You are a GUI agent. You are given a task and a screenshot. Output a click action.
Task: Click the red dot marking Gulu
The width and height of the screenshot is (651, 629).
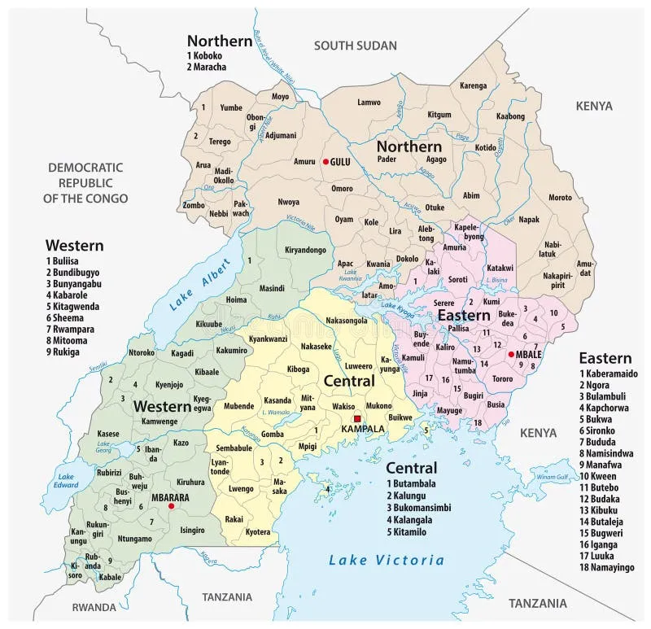pos(325,162)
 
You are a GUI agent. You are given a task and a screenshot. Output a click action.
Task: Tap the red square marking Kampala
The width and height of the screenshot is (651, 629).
pos(356,418)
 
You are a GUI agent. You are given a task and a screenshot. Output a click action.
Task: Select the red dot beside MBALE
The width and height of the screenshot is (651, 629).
pos(510,354)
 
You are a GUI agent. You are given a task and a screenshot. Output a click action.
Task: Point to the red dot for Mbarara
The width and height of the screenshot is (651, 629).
pos(171,505)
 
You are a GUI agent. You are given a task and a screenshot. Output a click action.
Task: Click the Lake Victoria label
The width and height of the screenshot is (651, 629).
pos(387,560)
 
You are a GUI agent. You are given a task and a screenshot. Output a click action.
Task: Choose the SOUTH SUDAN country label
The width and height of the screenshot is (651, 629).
pos(356,46)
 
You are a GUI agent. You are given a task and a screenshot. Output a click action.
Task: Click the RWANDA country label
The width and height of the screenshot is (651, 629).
pos(94,607)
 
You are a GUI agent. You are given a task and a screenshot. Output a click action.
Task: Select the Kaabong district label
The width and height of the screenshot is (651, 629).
pos(510,116)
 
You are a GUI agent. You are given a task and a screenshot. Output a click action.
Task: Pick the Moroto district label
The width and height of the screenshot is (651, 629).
pos(560,198)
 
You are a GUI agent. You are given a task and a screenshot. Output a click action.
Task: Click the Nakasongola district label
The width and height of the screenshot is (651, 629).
pos(346,321)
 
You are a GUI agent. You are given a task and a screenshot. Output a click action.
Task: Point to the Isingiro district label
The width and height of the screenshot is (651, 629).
pos(192,530)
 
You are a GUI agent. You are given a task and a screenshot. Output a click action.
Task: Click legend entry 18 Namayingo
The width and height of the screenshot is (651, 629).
pos(606,567)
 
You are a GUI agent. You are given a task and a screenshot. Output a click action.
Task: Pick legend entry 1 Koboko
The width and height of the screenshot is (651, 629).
pos(207,55)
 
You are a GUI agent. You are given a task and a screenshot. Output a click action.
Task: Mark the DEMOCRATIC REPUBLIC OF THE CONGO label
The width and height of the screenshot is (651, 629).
pos(85,182)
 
